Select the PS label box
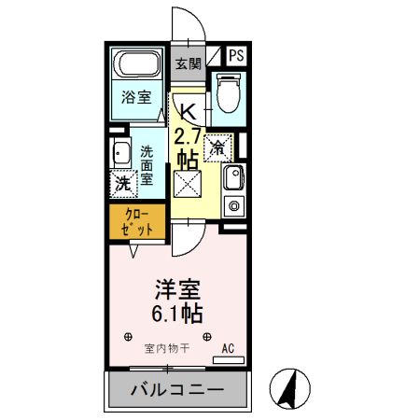click(x=236, y=54)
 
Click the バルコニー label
click(x=177, y=388)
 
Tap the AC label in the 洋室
click(x=228, y=349)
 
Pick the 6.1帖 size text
click(x=176, y=311)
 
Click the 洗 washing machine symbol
click(x=122, y=184)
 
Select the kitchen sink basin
click(x=233, y=175)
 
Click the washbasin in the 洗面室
click(x=119, y=155)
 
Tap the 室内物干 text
click(x=167, y=349)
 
